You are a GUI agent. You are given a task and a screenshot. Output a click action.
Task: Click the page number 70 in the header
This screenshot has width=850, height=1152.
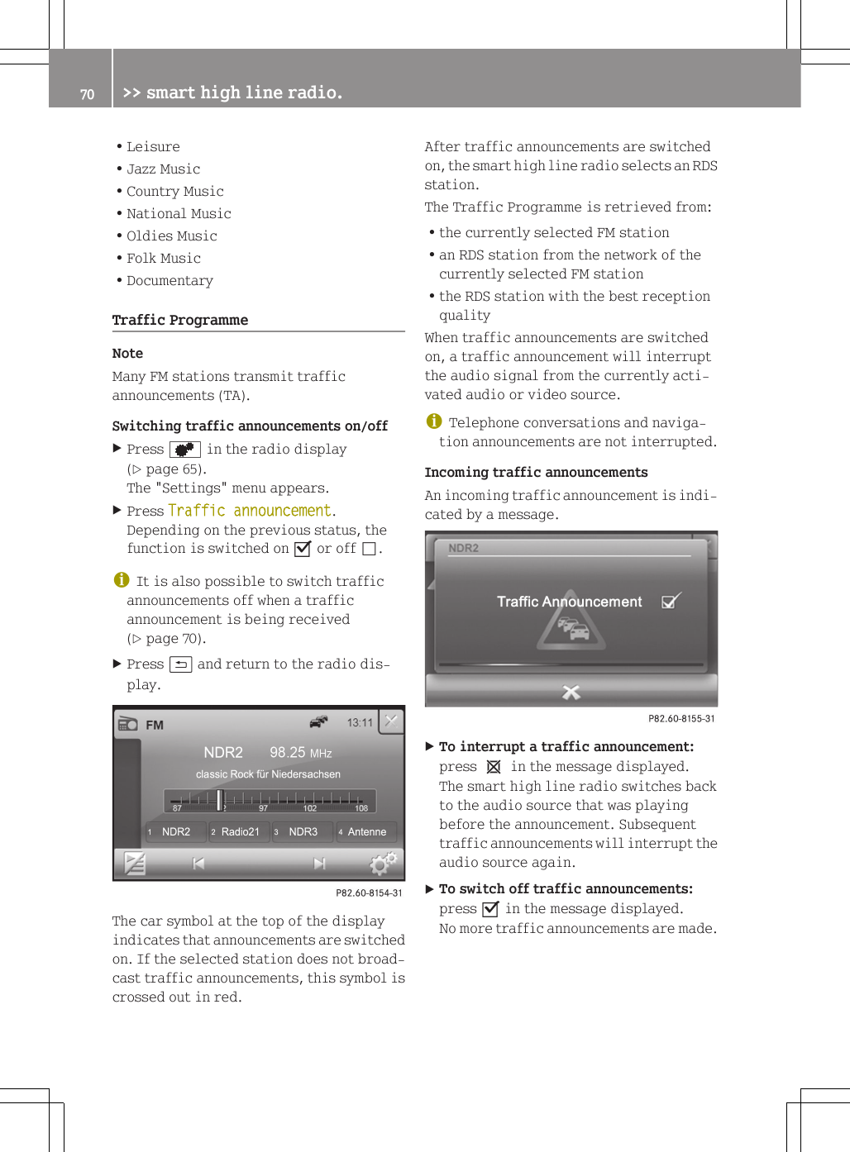(x=87, y=94)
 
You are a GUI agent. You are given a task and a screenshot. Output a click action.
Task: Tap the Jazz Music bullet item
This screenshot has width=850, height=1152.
(x=163, y=169)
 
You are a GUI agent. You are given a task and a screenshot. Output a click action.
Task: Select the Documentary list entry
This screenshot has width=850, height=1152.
(x=170, y=281)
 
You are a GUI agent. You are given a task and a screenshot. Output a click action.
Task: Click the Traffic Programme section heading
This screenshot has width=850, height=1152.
(x=180, y=320)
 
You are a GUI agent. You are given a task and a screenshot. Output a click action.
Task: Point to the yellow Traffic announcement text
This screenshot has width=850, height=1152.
(x=250, y=511)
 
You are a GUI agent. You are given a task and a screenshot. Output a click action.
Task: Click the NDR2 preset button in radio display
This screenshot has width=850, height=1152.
(x=175, y=831)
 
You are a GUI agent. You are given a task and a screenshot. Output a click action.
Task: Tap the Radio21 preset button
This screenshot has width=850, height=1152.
(x=239, y=831)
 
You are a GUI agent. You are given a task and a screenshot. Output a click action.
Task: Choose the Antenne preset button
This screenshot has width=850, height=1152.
(x=366, y=831)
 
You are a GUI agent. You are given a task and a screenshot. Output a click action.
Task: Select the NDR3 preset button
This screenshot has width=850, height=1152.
(x=303, y=831)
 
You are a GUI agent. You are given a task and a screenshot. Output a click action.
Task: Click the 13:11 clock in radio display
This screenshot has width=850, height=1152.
(x=360, y=723)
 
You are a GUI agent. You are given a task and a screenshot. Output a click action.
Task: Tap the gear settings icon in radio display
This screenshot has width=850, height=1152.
(x=383, y=864)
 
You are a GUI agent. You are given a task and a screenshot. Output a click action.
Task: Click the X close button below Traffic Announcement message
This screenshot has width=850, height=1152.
(x=571, y=692)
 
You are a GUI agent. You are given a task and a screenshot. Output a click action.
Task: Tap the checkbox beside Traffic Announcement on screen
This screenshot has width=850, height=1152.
(x=671, y=602)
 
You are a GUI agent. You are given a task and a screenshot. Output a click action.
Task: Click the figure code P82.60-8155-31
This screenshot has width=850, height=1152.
(x=681, y=718)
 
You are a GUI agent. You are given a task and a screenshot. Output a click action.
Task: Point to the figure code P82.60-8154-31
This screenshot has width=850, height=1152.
(x=369, y=893)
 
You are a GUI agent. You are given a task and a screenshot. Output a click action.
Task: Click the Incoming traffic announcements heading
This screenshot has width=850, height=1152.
(x=536, y=473)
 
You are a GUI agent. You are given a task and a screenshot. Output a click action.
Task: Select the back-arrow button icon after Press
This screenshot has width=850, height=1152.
(x=180, y=664)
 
